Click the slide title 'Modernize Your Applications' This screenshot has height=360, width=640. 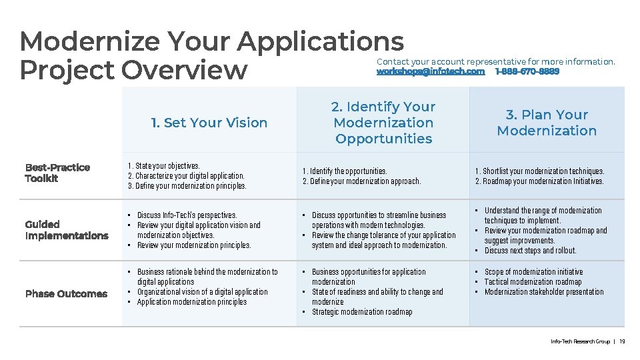211,41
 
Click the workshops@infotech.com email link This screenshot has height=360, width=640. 431,71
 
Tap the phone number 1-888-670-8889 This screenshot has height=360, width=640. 527,71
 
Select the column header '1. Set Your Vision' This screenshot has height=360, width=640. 209,123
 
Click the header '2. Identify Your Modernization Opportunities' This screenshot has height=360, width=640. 383,123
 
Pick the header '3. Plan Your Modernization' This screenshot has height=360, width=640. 547,123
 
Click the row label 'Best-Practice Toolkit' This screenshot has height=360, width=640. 57,173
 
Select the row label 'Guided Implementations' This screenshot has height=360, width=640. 66,230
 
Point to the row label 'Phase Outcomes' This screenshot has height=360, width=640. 66,294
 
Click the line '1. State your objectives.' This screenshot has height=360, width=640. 163,166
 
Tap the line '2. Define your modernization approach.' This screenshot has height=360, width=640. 361,181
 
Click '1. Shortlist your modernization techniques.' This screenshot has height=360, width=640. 539,171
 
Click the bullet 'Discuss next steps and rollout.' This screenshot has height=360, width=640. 530,251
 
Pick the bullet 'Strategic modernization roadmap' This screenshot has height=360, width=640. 362,312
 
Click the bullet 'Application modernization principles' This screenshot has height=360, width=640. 191,302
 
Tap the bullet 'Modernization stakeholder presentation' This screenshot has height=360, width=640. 544,292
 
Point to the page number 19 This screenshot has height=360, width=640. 622,342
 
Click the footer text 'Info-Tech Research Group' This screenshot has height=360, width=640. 580,342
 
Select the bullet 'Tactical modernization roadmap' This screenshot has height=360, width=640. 533,282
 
